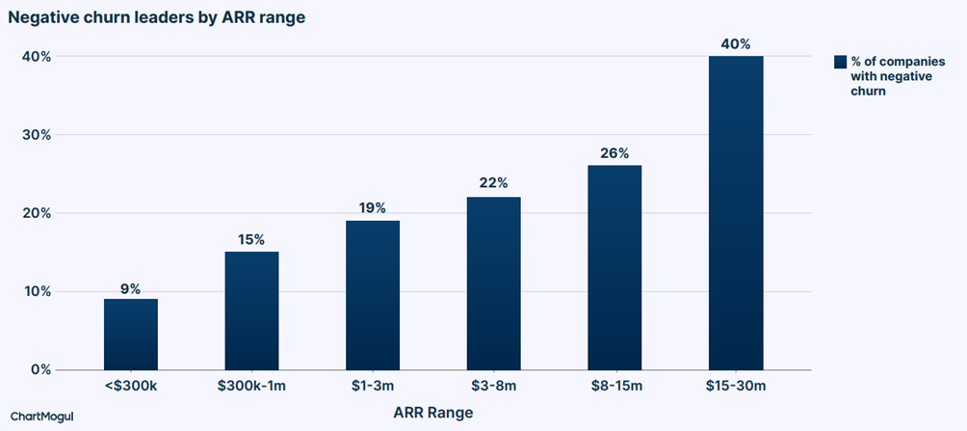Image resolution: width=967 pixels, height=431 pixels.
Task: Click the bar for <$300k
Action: point(131,334)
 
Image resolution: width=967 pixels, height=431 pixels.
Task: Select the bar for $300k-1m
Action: point(251,310)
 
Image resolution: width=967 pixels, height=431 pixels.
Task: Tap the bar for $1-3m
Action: point(373,295)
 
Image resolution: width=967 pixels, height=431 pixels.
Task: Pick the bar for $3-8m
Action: point(493,283)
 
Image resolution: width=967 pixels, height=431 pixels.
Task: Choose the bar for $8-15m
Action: point(614,267)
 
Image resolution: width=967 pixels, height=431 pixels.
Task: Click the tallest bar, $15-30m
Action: point(736,213)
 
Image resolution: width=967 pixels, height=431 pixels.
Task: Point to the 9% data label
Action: point(131,288)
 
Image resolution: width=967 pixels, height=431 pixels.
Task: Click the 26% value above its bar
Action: point(614,153)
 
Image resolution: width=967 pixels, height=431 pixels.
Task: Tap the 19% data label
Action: point(373,208)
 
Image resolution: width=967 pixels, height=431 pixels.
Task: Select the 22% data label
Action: point(493,183)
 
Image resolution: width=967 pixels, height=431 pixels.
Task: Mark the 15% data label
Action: point(251,240)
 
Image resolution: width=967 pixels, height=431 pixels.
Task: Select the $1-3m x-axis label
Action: point(373,388)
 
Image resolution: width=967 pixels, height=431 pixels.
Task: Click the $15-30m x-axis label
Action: point(736,388)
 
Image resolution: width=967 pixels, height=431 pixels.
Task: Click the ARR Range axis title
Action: point(432,412)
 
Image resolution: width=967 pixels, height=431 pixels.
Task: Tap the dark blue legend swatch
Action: point(840,62)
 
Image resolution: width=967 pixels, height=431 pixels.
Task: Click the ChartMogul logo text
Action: point(42,417)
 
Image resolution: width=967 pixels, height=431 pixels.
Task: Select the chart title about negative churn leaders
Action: point(157,18)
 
